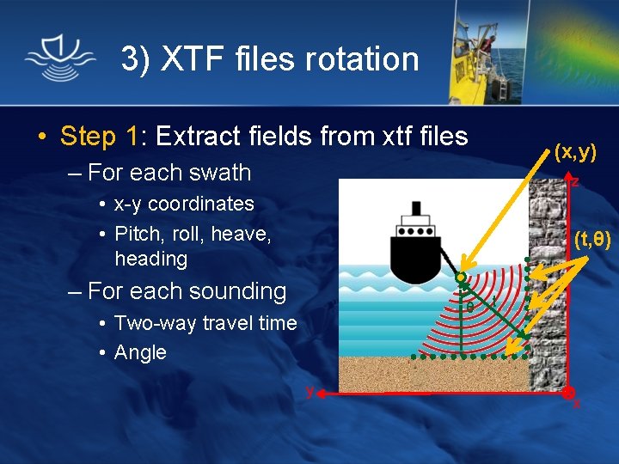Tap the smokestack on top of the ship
click(416, 208)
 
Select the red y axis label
click(310, 391)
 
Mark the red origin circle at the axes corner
click(569, 393)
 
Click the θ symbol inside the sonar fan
click(469, 306)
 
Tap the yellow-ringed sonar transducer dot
click(461, 278)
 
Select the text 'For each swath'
click(169, 173)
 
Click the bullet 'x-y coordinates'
click(184, 205)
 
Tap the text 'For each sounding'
click(187, 291)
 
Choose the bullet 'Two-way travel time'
click(205, 323)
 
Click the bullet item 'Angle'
click(140, 352)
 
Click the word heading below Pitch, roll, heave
click(150, 259)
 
